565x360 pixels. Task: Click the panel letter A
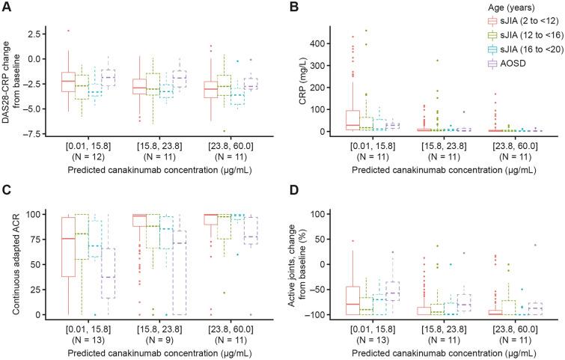(6, 6)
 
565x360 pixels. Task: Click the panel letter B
(293, 6)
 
